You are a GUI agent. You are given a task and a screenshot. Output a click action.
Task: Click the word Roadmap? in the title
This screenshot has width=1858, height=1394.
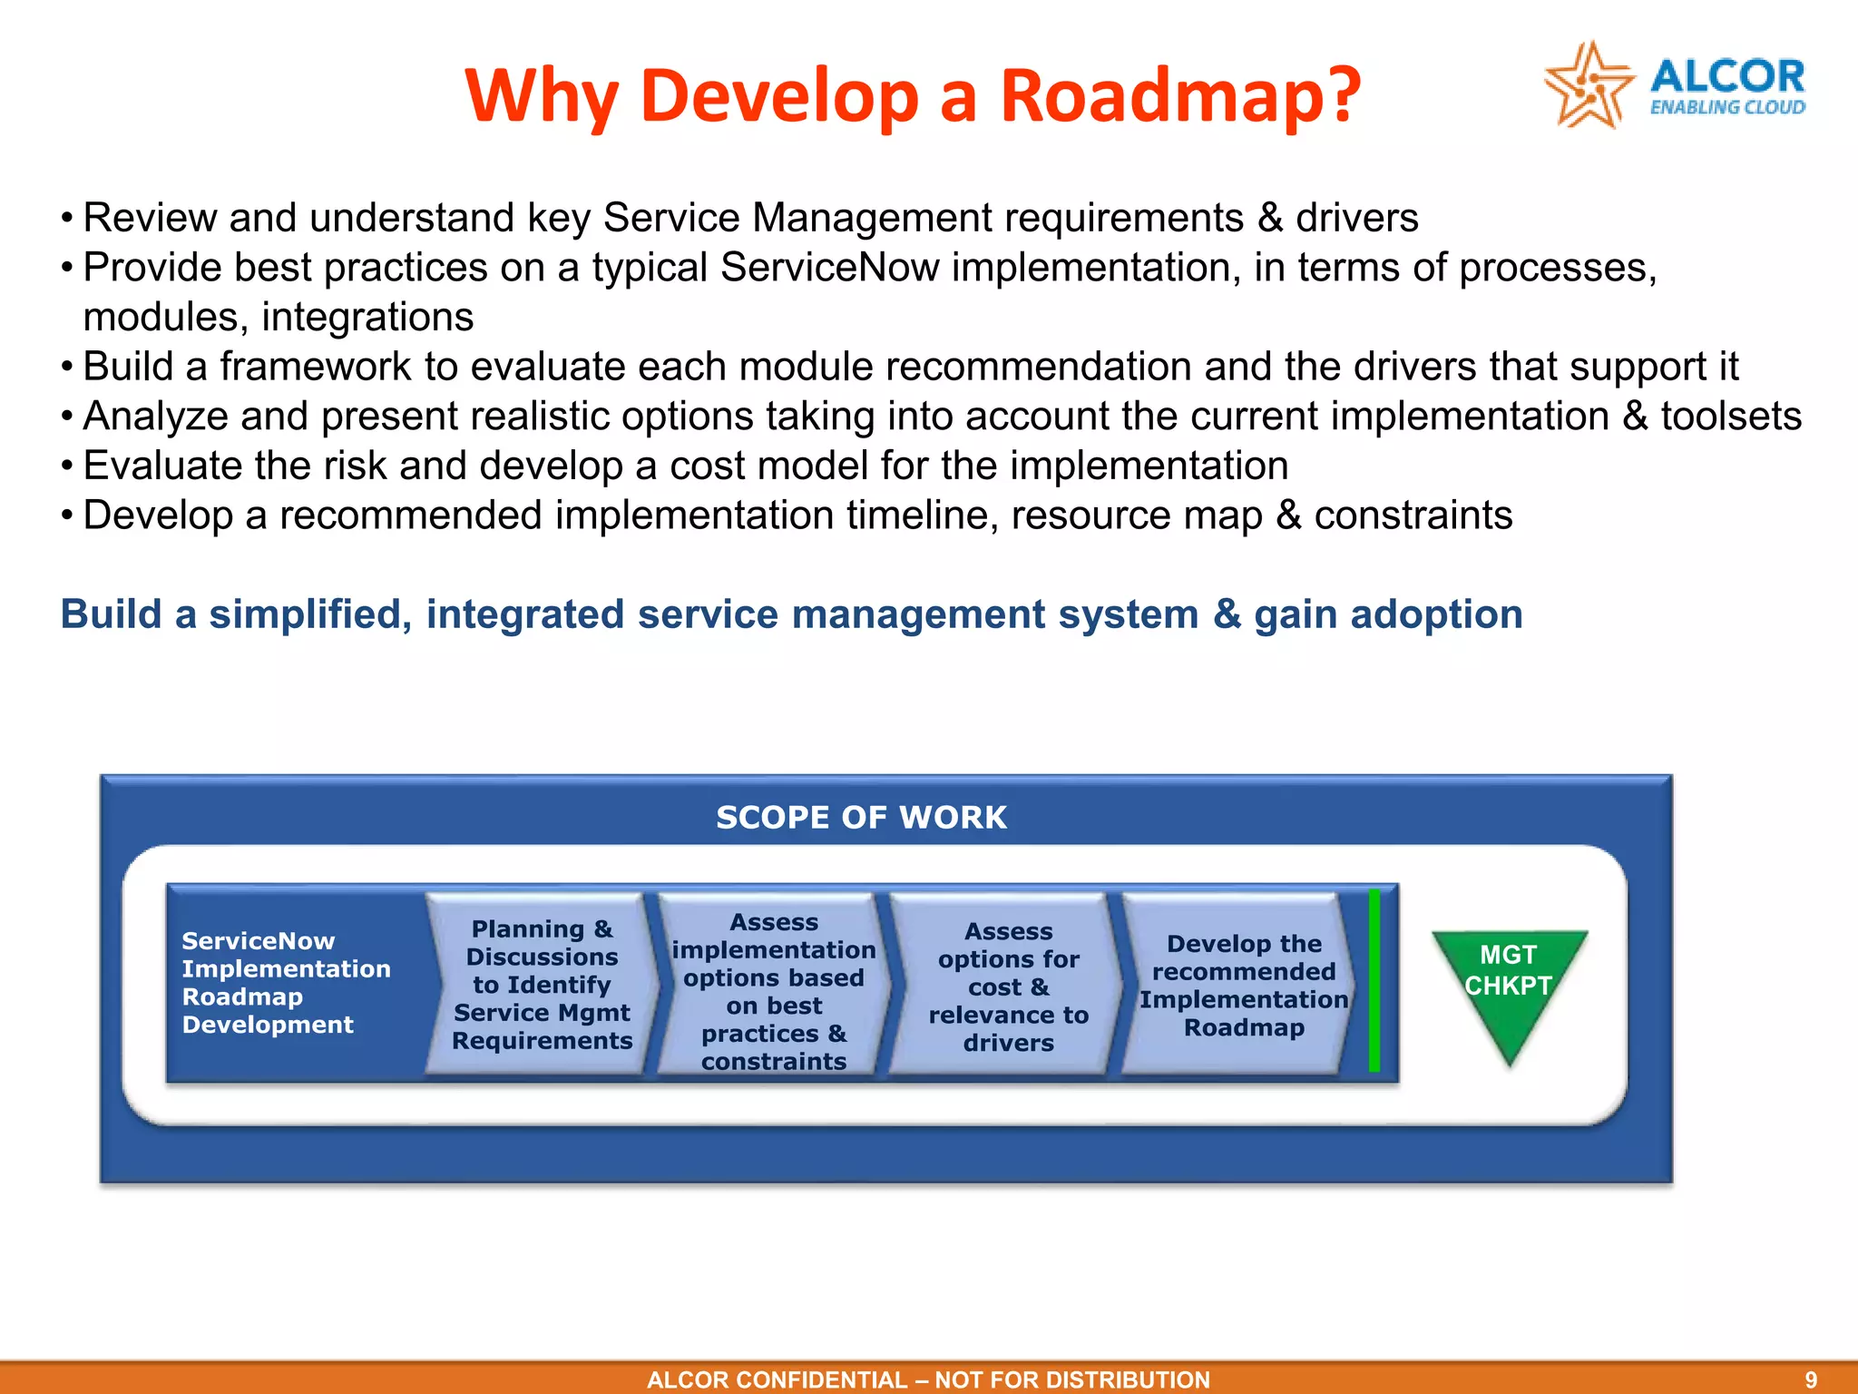click(1179, 95)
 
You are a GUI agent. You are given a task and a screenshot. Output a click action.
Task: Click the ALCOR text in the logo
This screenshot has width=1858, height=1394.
click(1726, 76)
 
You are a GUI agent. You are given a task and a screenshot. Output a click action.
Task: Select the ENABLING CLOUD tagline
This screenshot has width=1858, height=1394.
click(1726, 108)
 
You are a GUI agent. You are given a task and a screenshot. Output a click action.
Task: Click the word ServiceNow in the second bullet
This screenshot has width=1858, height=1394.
click(829, 268)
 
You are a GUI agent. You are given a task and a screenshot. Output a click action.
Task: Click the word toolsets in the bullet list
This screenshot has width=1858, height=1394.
click(1730, 417)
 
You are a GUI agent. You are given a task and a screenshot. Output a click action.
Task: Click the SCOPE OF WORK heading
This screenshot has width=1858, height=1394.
click(861, 817)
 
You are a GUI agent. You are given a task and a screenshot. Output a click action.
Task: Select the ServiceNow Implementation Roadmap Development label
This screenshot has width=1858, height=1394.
click(285, 982)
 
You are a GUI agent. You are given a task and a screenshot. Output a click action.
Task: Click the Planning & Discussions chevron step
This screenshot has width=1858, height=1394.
click(542, 985)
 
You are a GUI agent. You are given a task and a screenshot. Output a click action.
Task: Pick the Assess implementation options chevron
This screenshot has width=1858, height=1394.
click(774, 991)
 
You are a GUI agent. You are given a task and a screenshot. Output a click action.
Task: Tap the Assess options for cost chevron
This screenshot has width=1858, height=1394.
click(1008, 987)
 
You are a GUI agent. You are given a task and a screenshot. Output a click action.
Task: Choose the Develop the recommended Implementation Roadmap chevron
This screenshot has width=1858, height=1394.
click(1243, 986)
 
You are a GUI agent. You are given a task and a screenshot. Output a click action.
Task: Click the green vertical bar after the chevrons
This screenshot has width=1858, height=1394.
click(1374, 980)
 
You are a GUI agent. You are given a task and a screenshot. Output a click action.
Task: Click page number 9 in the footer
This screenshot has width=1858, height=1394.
click(1810, 1379)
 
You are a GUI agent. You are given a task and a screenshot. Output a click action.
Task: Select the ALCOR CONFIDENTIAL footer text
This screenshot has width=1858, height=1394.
click(927, 1379)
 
